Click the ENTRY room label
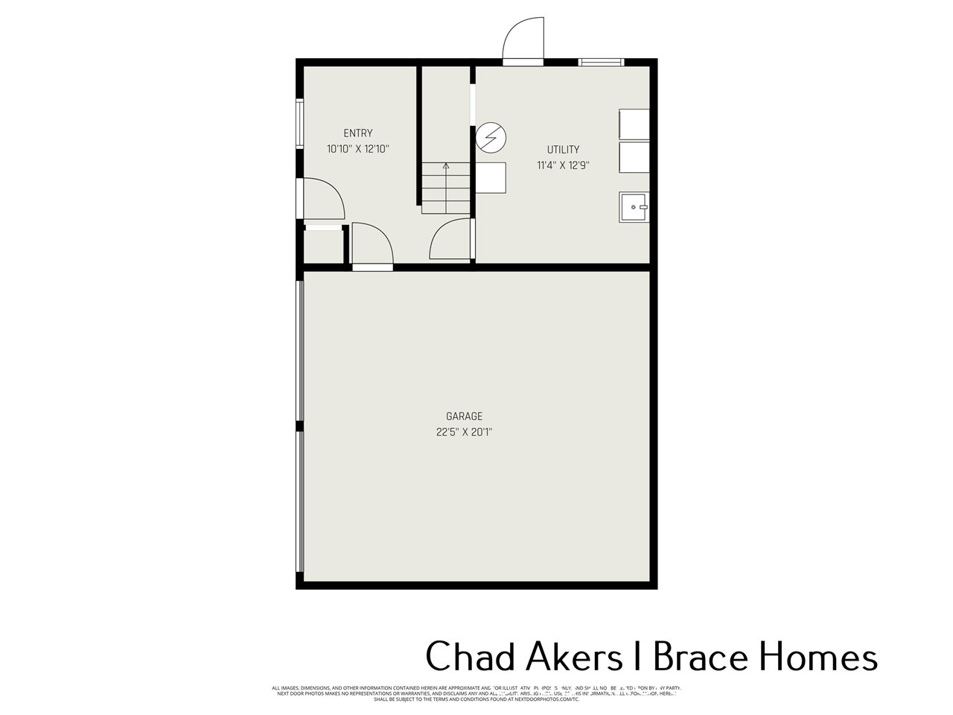pos(358,133)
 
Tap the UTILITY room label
pos(563,150)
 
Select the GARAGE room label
pos(465,416)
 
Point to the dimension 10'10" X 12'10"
pos(358,149)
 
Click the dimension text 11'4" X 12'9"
pos(563,165)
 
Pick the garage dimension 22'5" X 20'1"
pos(465,432)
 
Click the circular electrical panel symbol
pos(491,137)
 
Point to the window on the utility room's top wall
pos(602,62)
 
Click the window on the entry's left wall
pos(299,124)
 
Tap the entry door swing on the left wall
pos(322,199)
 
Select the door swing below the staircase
pos(451,240)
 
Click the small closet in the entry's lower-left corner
pos(323,247)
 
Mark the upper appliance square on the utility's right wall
pos(634,124)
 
